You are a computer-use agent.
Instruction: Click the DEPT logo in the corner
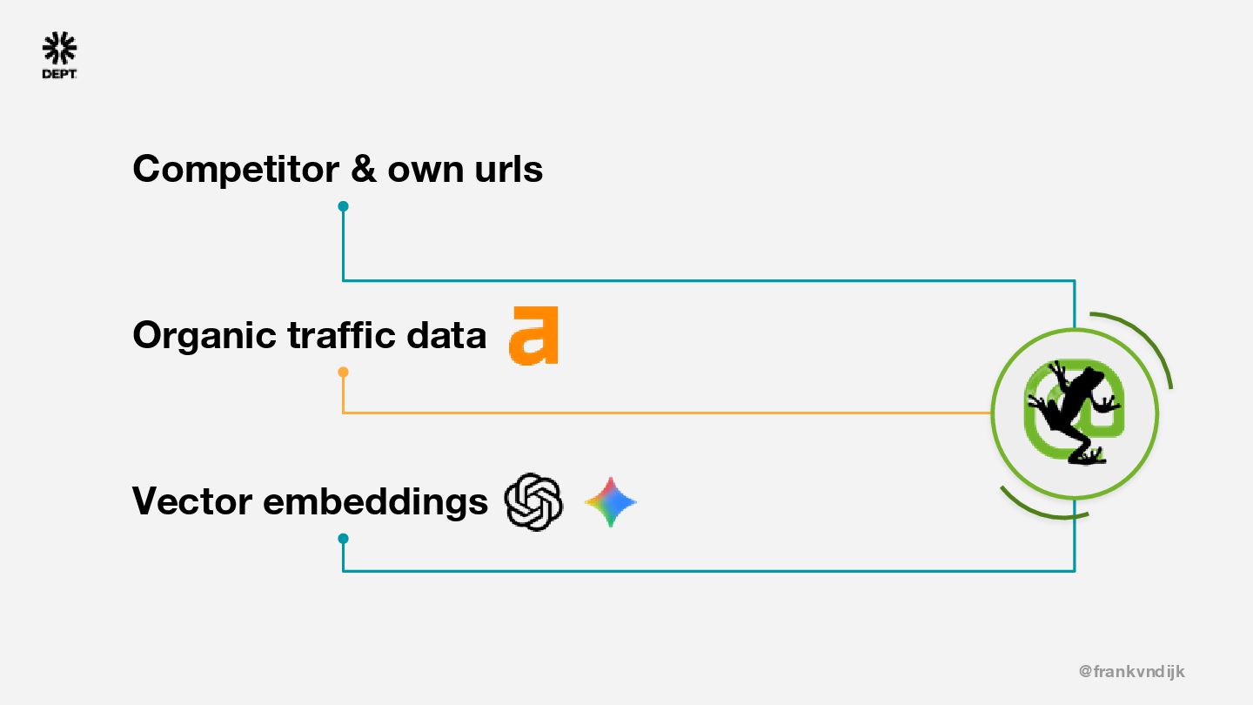[x=59, y=56]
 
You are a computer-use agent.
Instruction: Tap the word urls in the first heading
[x=508, y=168]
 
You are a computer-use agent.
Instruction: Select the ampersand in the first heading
[x=363, y=168]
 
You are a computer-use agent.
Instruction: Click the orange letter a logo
[x=533, y=335]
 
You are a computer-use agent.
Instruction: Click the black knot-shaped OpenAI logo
[x=533, y=502]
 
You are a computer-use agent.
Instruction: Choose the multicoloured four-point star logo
[x=610, y=502]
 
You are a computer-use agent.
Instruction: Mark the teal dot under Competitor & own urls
[x=343, y=206]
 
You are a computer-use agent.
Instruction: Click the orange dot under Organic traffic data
[x=343, y=373]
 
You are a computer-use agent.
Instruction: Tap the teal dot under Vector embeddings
[x=343, y=539]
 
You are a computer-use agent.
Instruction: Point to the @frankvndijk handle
[x=1131, y=671]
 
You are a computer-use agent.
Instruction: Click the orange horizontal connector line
[x=661, y=413]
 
